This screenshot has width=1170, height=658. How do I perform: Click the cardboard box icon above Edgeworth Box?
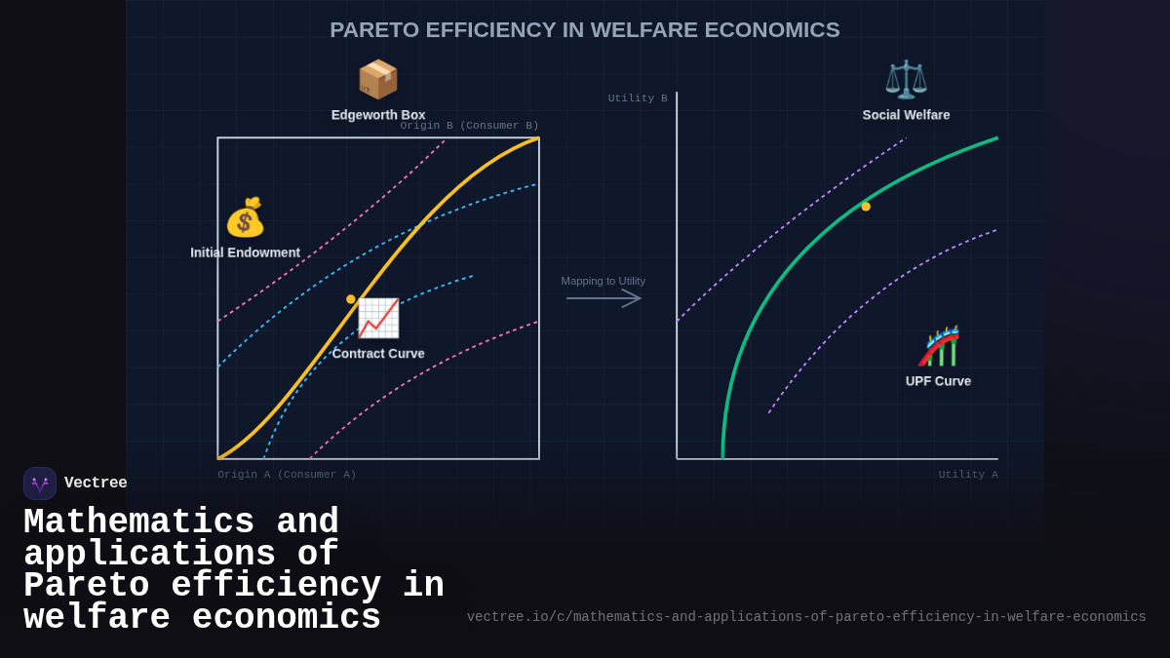(378, 79)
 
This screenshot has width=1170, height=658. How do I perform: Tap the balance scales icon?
(906, 79)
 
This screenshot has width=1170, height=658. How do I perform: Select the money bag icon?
(245, 217)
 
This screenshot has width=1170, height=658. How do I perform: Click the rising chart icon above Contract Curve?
(378, 318)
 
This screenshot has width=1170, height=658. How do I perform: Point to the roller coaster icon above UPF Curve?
(939, 346)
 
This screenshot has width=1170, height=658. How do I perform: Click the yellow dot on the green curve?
(866, 207)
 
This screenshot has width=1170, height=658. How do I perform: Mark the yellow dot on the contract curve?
(351, 299)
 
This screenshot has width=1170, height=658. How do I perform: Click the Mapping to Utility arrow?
(604, 298)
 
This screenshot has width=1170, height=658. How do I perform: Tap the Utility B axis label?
(638, 98)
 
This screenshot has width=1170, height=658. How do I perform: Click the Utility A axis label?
(968, 475)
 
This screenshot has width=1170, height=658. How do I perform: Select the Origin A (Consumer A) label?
(287, 475)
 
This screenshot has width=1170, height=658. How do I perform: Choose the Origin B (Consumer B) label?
(469, 126)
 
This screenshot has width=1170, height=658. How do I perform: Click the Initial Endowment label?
(245, 252)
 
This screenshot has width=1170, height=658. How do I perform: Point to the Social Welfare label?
(906, 115)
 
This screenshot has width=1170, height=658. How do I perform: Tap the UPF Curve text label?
(938, 381)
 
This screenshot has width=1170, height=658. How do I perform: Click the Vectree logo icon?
(40, 484)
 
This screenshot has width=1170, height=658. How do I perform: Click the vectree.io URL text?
(805, 617)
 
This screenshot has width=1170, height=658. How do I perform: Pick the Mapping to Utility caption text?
(603, 281)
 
